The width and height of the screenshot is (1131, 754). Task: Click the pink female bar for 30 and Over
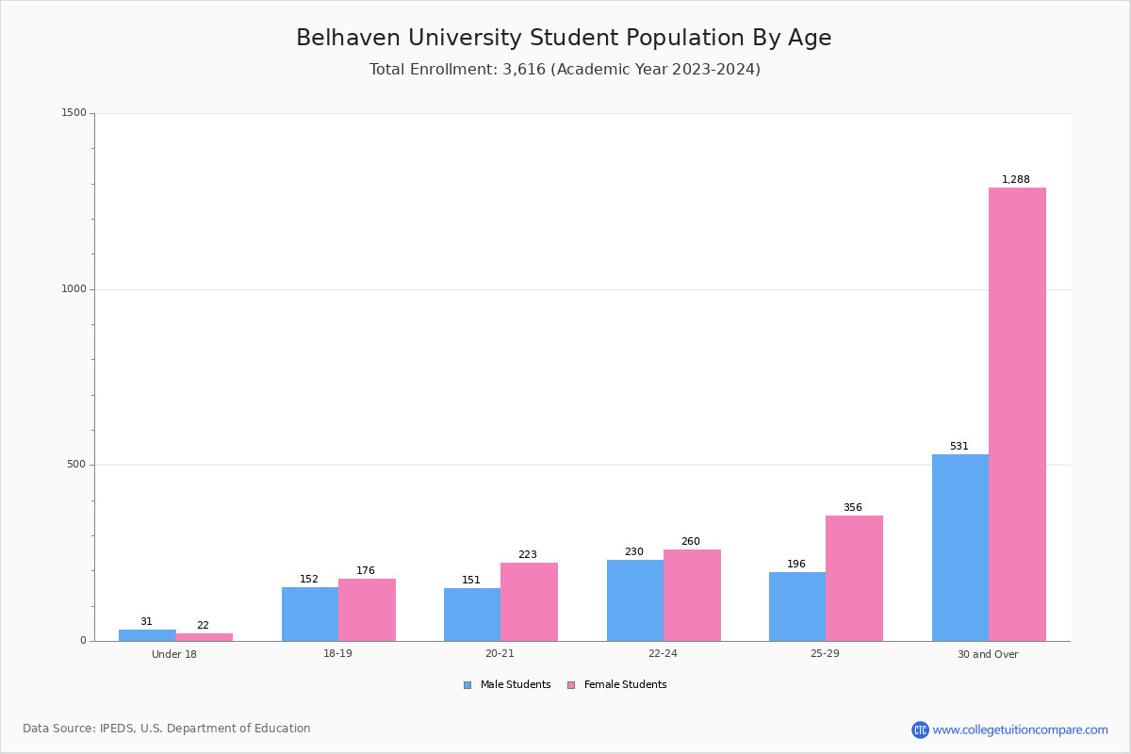coord(1017,415)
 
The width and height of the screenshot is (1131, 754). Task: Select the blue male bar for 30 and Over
coord(959,548)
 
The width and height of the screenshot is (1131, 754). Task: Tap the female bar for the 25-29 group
coord(854,578)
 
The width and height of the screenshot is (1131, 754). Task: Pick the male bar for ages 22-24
coord(634,600)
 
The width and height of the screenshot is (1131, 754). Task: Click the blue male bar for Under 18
coord(147,635)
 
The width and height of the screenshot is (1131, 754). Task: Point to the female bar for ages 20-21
coord(529,601)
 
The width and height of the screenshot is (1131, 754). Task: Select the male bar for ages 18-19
coord(309,614)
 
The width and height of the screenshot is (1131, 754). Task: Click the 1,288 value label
coord(1015,179)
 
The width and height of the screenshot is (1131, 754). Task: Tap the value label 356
coord(852,507)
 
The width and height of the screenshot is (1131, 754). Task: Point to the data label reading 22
coord(203,625)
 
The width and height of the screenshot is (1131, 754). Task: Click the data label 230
coord(633,551)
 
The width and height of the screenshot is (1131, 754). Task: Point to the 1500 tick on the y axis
coord(74,113)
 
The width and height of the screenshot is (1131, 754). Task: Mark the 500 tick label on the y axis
coord(77,465)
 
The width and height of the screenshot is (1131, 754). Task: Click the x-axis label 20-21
coord(500,654)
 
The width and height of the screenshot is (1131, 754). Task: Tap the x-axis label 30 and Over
coord(988,654)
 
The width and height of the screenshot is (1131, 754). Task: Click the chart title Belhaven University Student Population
coord(564,38)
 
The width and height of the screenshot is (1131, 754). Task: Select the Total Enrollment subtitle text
coord(564,69)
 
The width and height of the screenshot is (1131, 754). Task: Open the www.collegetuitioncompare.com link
coord(1019,729)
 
